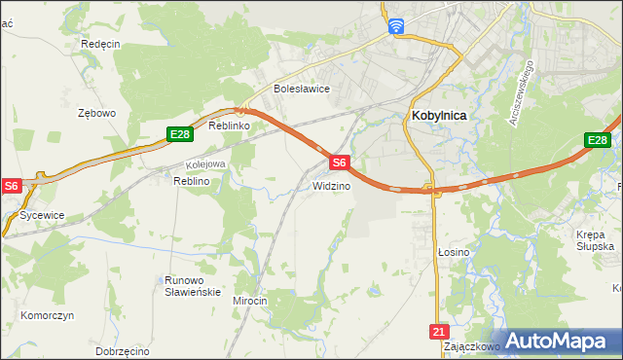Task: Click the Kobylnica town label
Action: [433, 115]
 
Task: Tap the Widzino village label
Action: [331, 185]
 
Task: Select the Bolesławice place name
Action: [302, 89]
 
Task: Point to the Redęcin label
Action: [100, 45]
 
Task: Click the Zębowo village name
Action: [96, 113]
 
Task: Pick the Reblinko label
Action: [231, 126]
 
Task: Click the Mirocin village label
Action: [249, 301]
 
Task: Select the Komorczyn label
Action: [48, 317]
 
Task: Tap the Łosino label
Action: [453, 252]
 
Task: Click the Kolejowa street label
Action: [205, 164]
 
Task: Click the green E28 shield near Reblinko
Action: [177, 134]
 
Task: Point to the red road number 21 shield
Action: [438, 332]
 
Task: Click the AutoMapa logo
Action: [558, 341]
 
